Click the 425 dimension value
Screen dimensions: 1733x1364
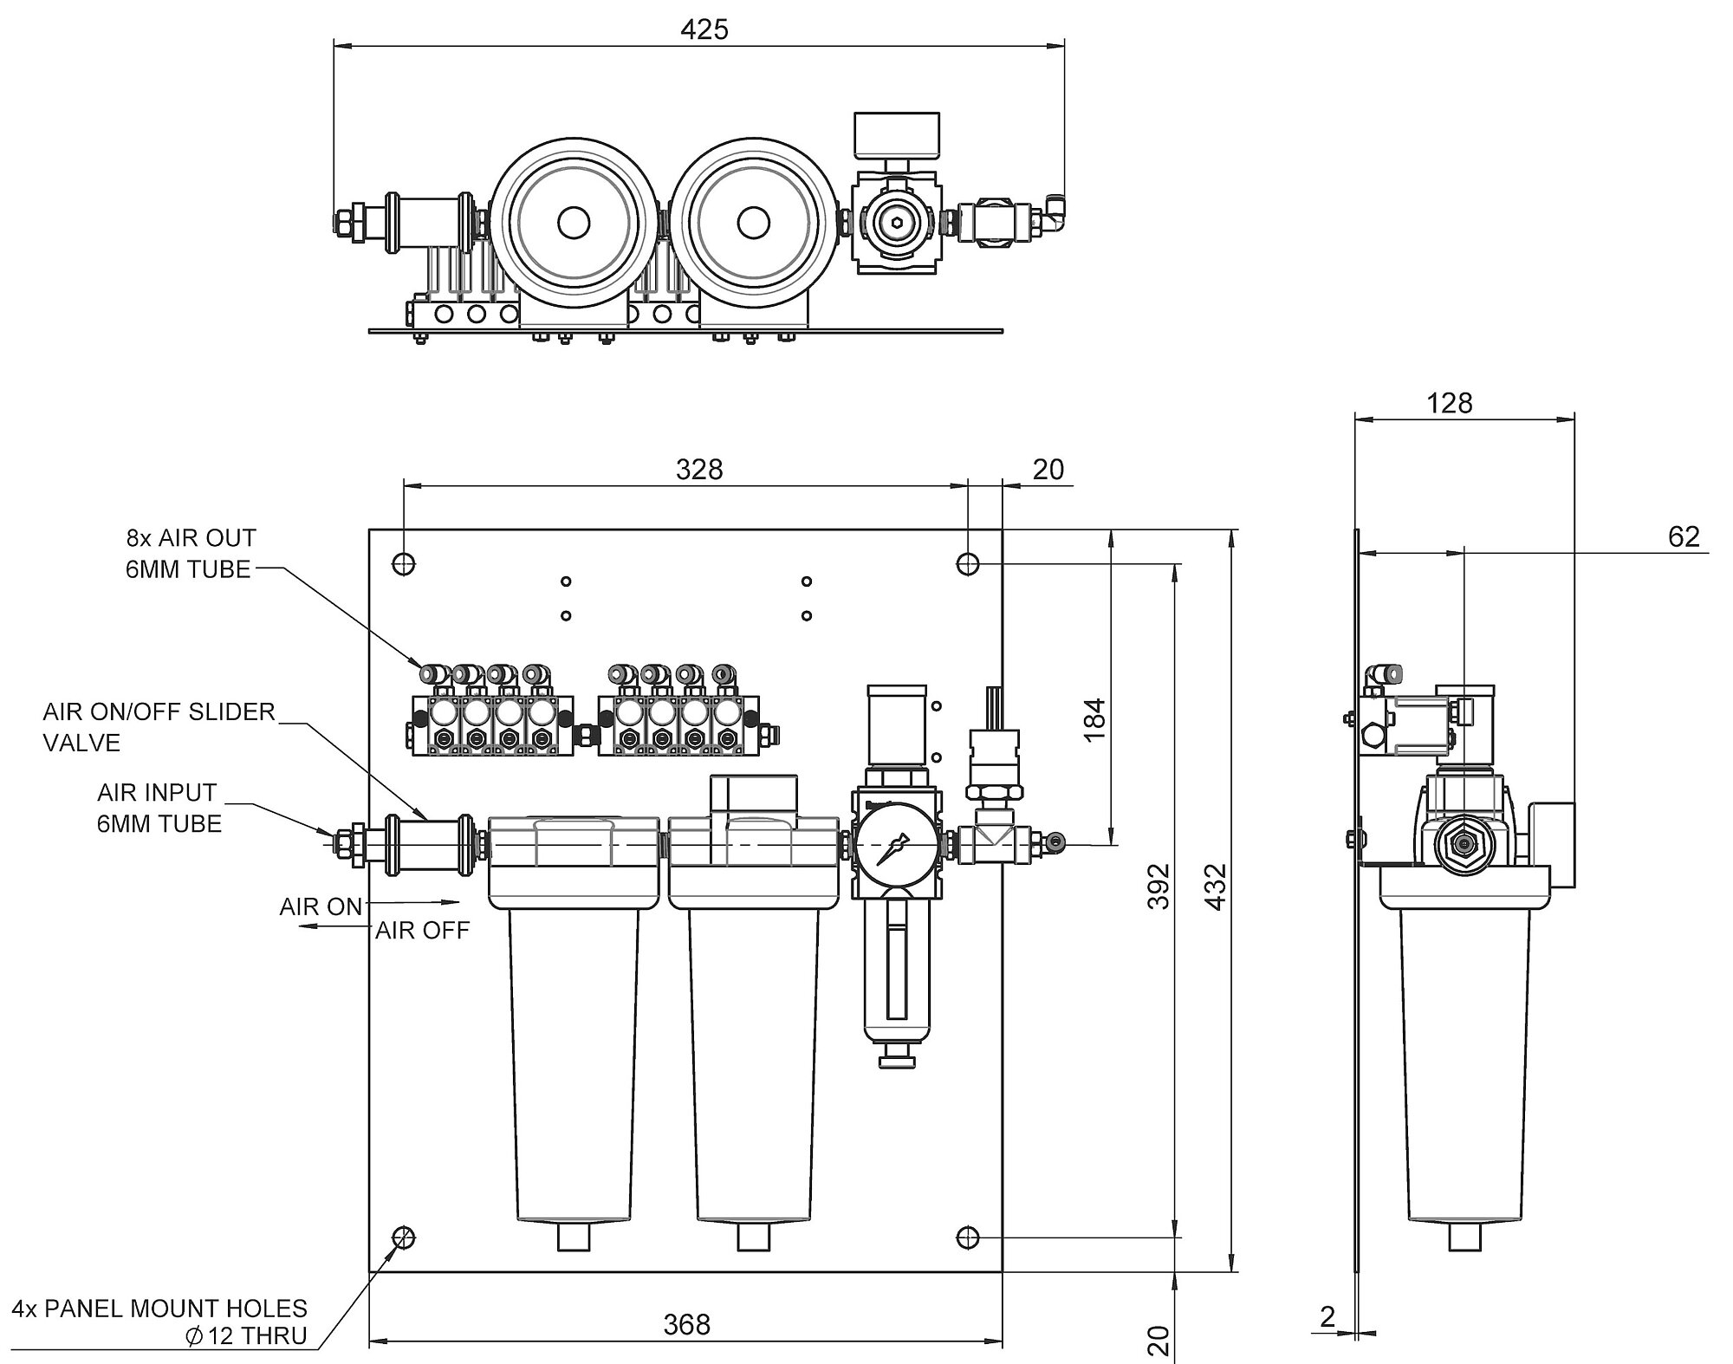click(704, 29)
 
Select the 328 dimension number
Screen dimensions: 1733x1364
click(699, 469)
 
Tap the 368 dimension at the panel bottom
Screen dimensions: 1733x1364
click(687, 1324)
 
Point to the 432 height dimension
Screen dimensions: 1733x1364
click(1217, 886)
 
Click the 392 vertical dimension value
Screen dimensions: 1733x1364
click(1159, 886)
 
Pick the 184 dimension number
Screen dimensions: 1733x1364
click(1095, 718)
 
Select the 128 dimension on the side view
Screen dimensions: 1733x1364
click(1449, 403)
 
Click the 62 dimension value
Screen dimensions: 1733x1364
click(1684, 536)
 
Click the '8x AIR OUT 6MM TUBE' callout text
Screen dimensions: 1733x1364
click(191, 554)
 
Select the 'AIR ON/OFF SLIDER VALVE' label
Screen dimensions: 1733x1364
click(159, 727)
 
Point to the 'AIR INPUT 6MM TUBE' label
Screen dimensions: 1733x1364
click(159, 808)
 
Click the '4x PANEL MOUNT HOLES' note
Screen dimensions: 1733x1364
click(160, 1308)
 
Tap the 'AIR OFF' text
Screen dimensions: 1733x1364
click(422, 931)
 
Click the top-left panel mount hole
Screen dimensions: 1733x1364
click(404, 564)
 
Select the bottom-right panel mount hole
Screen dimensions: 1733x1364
click(968, 1237)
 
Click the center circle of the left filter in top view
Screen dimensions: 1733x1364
click(572, 223)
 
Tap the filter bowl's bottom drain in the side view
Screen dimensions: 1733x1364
click(1464, 1237)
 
